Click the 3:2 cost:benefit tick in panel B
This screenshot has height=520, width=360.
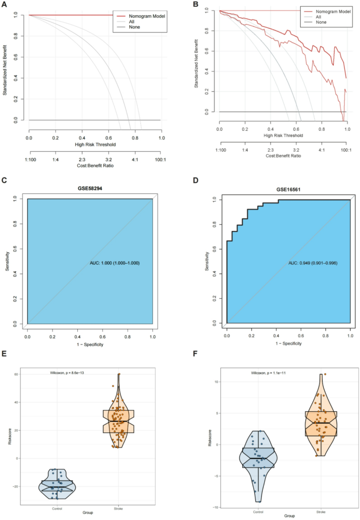pyautogui.click(x=296, y=150)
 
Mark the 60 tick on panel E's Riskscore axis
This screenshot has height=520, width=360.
pyautogui.click(x=16, y=375)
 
